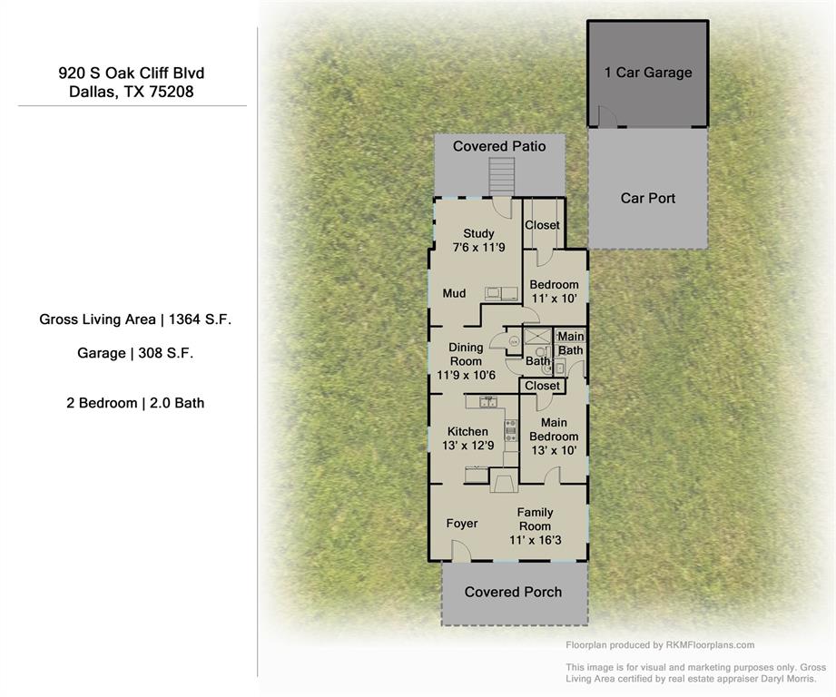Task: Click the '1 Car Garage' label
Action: (648, 73)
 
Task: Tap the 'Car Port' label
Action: (648, 198)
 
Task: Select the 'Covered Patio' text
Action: (499, 146)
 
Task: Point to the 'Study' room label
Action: (478, 233)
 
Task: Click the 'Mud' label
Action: (454, 293)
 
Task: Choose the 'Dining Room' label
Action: (466, 355)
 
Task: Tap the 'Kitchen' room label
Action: (467, 431)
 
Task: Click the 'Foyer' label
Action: (462, 524)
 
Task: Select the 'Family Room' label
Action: (535, 519)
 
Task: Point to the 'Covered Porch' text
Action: (513, 592)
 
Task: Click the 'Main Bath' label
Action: (571, 344)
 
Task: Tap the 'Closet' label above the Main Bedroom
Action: (543, 386)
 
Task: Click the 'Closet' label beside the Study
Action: (543, 225)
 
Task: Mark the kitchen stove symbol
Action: (510, 430)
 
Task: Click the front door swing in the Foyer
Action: (461, 551)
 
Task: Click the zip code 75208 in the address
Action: (172, 92)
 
